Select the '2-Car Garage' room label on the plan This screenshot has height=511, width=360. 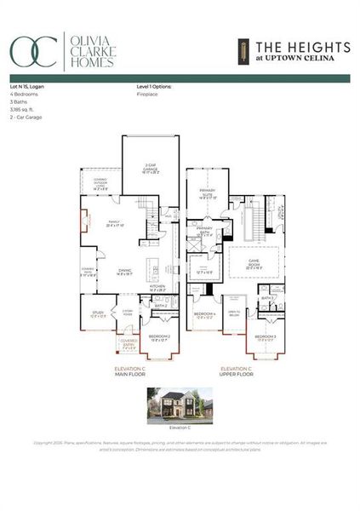click(x=151, y=168)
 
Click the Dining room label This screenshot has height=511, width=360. click(x=125, y=273)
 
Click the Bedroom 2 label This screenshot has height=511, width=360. click(x=159, y=337)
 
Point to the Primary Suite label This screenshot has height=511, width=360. click(x=209, y=192)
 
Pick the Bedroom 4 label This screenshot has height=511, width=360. click(x=204, y=315)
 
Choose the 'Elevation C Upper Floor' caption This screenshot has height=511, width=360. click(x=236, y=371)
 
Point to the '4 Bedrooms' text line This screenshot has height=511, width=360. click(x=22, y=95)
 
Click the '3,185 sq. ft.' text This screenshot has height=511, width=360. click(x=23, y=110)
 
